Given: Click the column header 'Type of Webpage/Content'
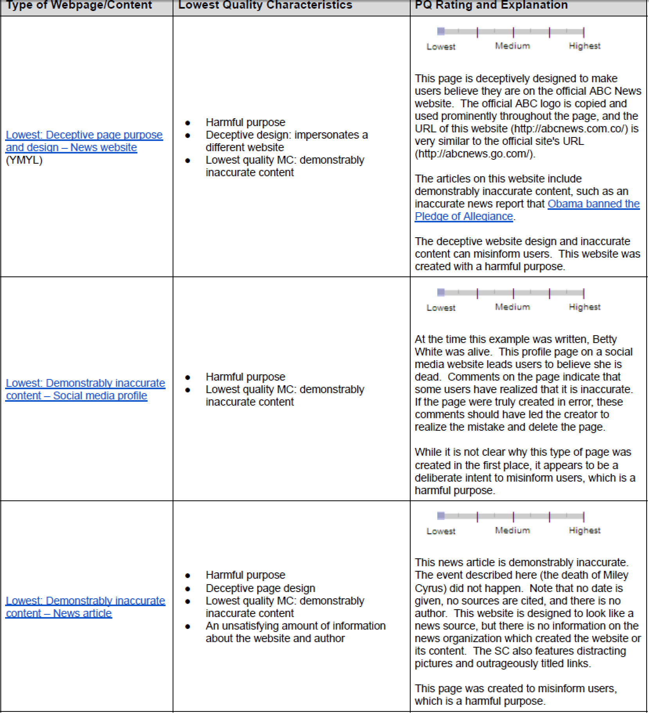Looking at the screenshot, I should (79, 5).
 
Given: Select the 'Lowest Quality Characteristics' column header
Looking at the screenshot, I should (265, 5).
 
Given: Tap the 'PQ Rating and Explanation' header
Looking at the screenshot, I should (491, 5).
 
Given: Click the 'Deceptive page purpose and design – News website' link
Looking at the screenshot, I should (84, 141).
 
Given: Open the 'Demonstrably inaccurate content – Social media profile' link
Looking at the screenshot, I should (85, 389).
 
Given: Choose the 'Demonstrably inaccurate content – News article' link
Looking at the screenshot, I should (85, 607).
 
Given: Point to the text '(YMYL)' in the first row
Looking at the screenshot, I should (24, 160).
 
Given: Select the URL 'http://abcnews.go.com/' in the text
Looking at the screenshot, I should (474, 154).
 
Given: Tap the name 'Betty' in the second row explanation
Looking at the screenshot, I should (604, 339).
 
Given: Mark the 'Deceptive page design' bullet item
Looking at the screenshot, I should (260, 588).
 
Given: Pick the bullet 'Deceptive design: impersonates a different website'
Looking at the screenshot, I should (287, 141).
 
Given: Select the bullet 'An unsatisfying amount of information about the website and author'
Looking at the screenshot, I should (296, 632).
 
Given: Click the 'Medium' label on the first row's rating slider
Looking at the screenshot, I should (512, 46).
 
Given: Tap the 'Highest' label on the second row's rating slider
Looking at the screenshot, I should (584, 307).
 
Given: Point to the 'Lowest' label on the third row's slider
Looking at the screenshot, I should (441, 531).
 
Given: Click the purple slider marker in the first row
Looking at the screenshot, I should (441, 31).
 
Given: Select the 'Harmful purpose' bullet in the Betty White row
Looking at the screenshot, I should (245, 377).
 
